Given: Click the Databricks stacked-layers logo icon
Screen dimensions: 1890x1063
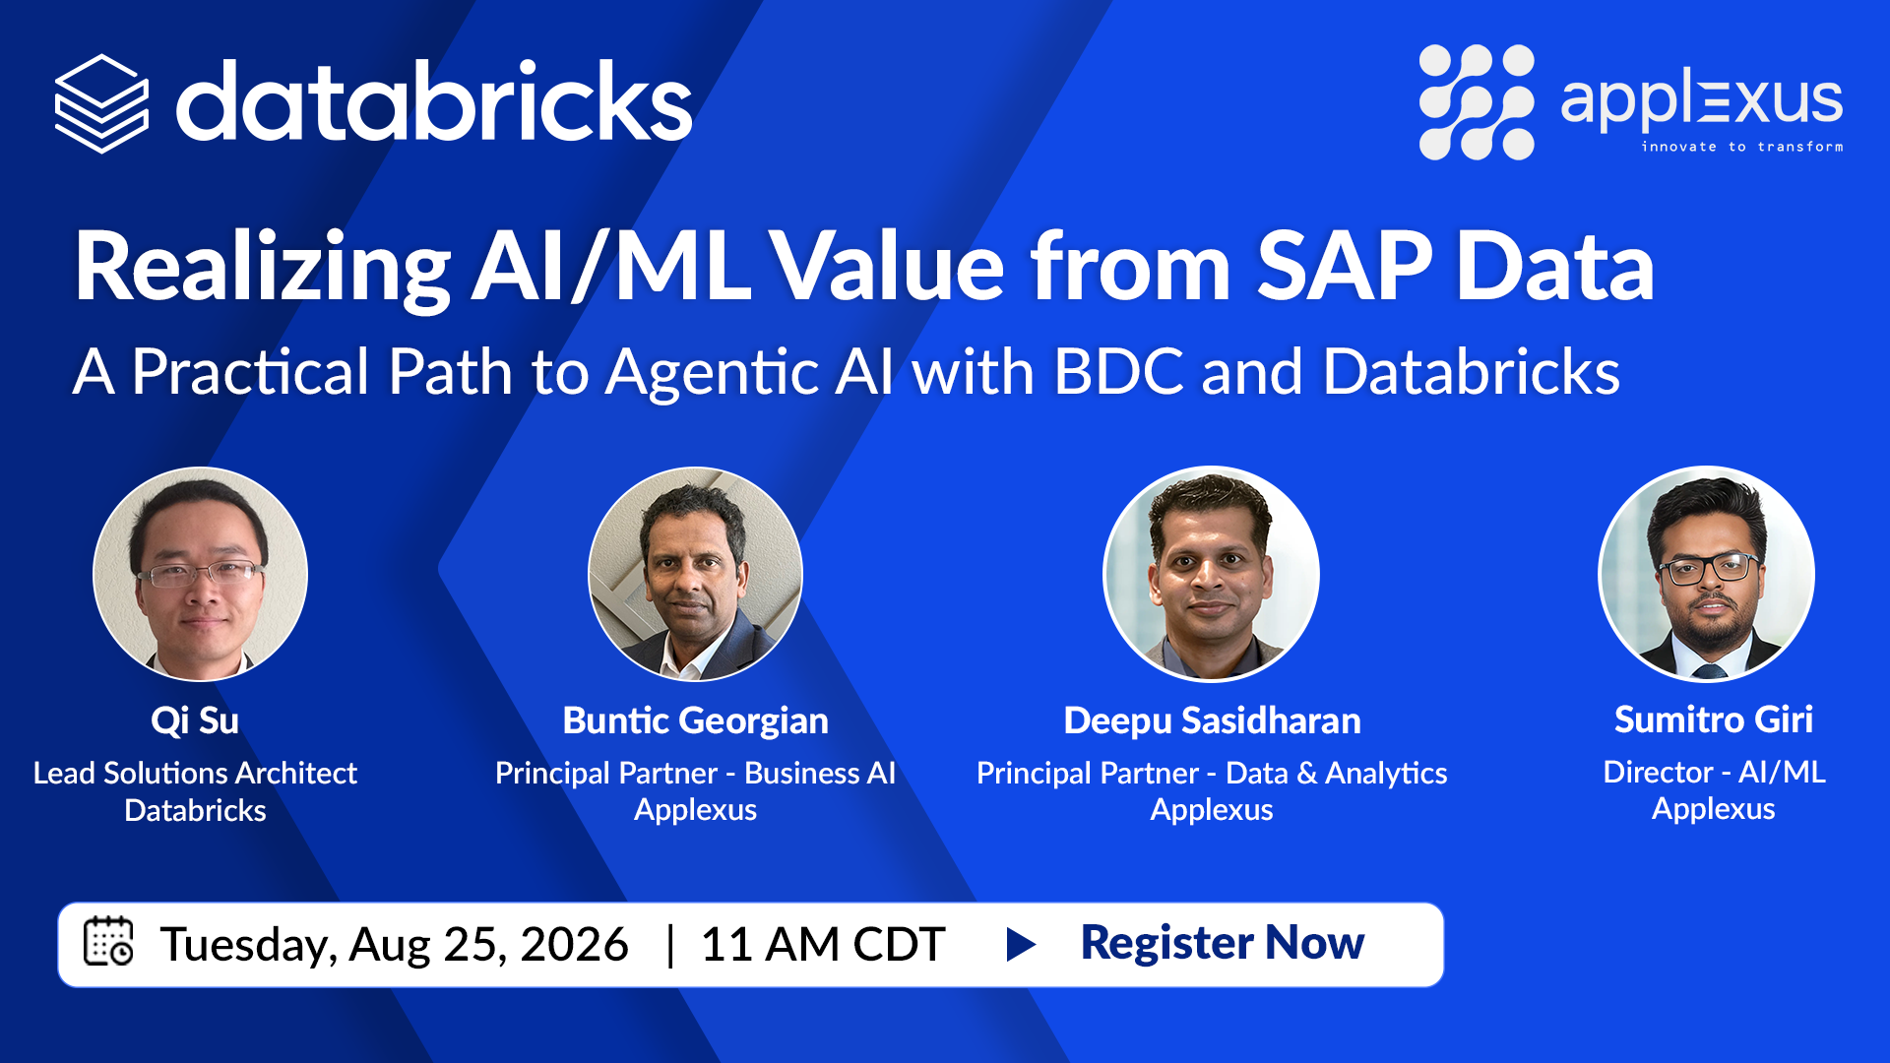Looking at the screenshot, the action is coord(101,103).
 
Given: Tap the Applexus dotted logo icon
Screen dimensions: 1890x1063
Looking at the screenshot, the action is coord(1476,101).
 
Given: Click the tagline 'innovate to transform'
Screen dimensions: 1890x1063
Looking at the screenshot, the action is coord(1741,147).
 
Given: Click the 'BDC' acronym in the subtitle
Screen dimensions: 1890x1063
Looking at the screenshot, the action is coord(1118,372).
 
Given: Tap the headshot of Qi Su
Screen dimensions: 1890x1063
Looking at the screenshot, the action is coord(200,574).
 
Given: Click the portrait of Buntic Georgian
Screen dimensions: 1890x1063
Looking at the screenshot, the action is coord(695,574).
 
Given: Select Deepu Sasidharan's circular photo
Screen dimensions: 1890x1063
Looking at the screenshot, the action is coord(1211,574).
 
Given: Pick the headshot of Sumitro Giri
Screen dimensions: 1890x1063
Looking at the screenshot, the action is coord(1706,574).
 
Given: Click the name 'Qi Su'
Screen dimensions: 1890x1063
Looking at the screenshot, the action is coord(195,720).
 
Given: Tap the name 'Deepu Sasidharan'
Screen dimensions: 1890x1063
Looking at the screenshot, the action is coord(1212,720).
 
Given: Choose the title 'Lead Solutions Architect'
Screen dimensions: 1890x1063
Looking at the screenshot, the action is coord(195,773).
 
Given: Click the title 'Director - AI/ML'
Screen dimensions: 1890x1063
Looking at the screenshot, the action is coord(1714,772).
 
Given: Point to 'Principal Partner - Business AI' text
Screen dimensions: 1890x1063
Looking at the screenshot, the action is coord(695,773).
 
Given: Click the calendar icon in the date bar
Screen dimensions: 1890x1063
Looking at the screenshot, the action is coord(108,941).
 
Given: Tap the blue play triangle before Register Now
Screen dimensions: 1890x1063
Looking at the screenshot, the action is coord(1021,944).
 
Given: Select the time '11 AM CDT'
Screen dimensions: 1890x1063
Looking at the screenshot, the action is coord(823,944).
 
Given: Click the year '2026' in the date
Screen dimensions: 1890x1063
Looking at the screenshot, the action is coord(574,944).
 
